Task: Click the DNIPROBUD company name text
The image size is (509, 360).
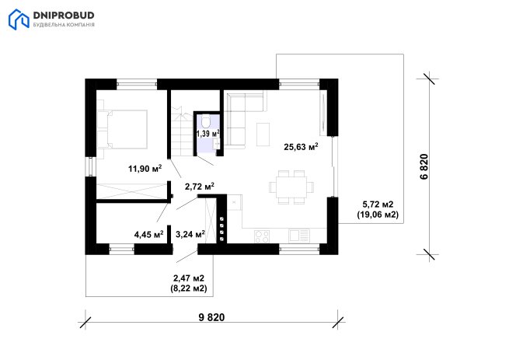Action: (64, 16)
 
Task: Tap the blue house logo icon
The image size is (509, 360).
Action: (19, 19)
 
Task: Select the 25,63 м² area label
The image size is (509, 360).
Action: (301, 147)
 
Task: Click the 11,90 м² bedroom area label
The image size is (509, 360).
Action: (145, 168)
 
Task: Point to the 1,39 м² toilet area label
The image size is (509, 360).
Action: (208, 133)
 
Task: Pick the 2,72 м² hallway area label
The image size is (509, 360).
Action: (199, 187)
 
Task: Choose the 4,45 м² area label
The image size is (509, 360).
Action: (148, 234)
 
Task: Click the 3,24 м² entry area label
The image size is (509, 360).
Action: (190, 234)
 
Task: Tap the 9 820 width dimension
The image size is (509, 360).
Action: (211, 317)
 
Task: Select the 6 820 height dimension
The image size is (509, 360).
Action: (424, 166)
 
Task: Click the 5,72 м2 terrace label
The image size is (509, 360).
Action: (378, 204)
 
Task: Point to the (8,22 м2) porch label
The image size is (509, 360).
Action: (189, 288)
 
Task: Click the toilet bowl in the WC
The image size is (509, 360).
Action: (206, 121)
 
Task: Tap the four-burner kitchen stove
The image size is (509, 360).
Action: (262, 236)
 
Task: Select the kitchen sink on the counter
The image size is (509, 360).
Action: (299, 236)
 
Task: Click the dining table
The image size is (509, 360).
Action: (291, 187)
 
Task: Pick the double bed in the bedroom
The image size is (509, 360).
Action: (122, 129)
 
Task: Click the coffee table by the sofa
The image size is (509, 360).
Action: (263, 135)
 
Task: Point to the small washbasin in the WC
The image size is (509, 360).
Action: (217, 144)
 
